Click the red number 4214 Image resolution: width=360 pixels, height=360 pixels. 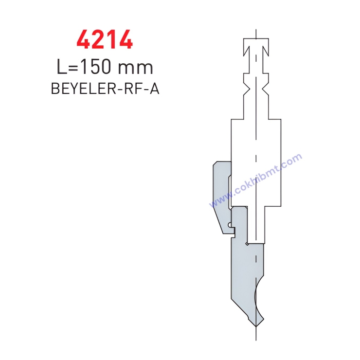tap(105, 40)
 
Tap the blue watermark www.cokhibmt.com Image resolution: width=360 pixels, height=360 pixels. tap(256, 180)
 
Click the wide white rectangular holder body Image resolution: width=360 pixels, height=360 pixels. tap(255, 141)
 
